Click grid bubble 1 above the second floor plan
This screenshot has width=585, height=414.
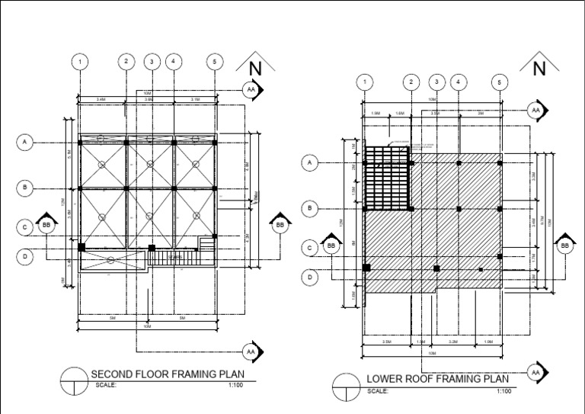click(x=79, y=61)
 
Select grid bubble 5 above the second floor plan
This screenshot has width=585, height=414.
click(x=216, y=61)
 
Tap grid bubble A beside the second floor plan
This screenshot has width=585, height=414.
click(x=26, y=142)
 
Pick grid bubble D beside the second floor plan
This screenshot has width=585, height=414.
click(x=26, y=257)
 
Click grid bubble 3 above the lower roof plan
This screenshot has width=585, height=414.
click(x=436, y=82)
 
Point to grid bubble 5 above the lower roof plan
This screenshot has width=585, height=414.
click(x=500, y=82)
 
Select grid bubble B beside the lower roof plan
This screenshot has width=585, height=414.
click(x=310, y=208)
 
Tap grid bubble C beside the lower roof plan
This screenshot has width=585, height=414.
click(x=310, y=247)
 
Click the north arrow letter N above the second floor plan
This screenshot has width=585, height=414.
click(x=255, y=69)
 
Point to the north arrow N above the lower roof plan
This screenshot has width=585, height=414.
click(x=539, y=69)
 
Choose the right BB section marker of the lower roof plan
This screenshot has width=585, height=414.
click(x=564, y=246)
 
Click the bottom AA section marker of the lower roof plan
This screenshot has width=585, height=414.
click(x=535, y=372)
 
